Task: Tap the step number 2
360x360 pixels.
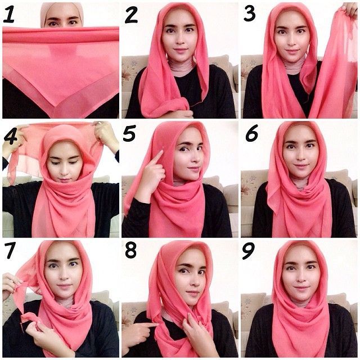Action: (x=131, y=15)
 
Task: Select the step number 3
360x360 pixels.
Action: (x=249, y=14)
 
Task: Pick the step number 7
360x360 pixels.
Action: (x=10, y=251)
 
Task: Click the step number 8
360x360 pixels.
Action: (x=131, y=250)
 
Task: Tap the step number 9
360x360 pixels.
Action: (x=249, y=251)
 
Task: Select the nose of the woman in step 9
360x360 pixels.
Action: (x=300, y=277)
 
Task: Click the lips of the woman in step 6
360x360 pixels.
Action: (x=301, y=166)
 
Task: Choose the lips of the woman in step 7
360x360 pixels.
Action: (x=64, y=286)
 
